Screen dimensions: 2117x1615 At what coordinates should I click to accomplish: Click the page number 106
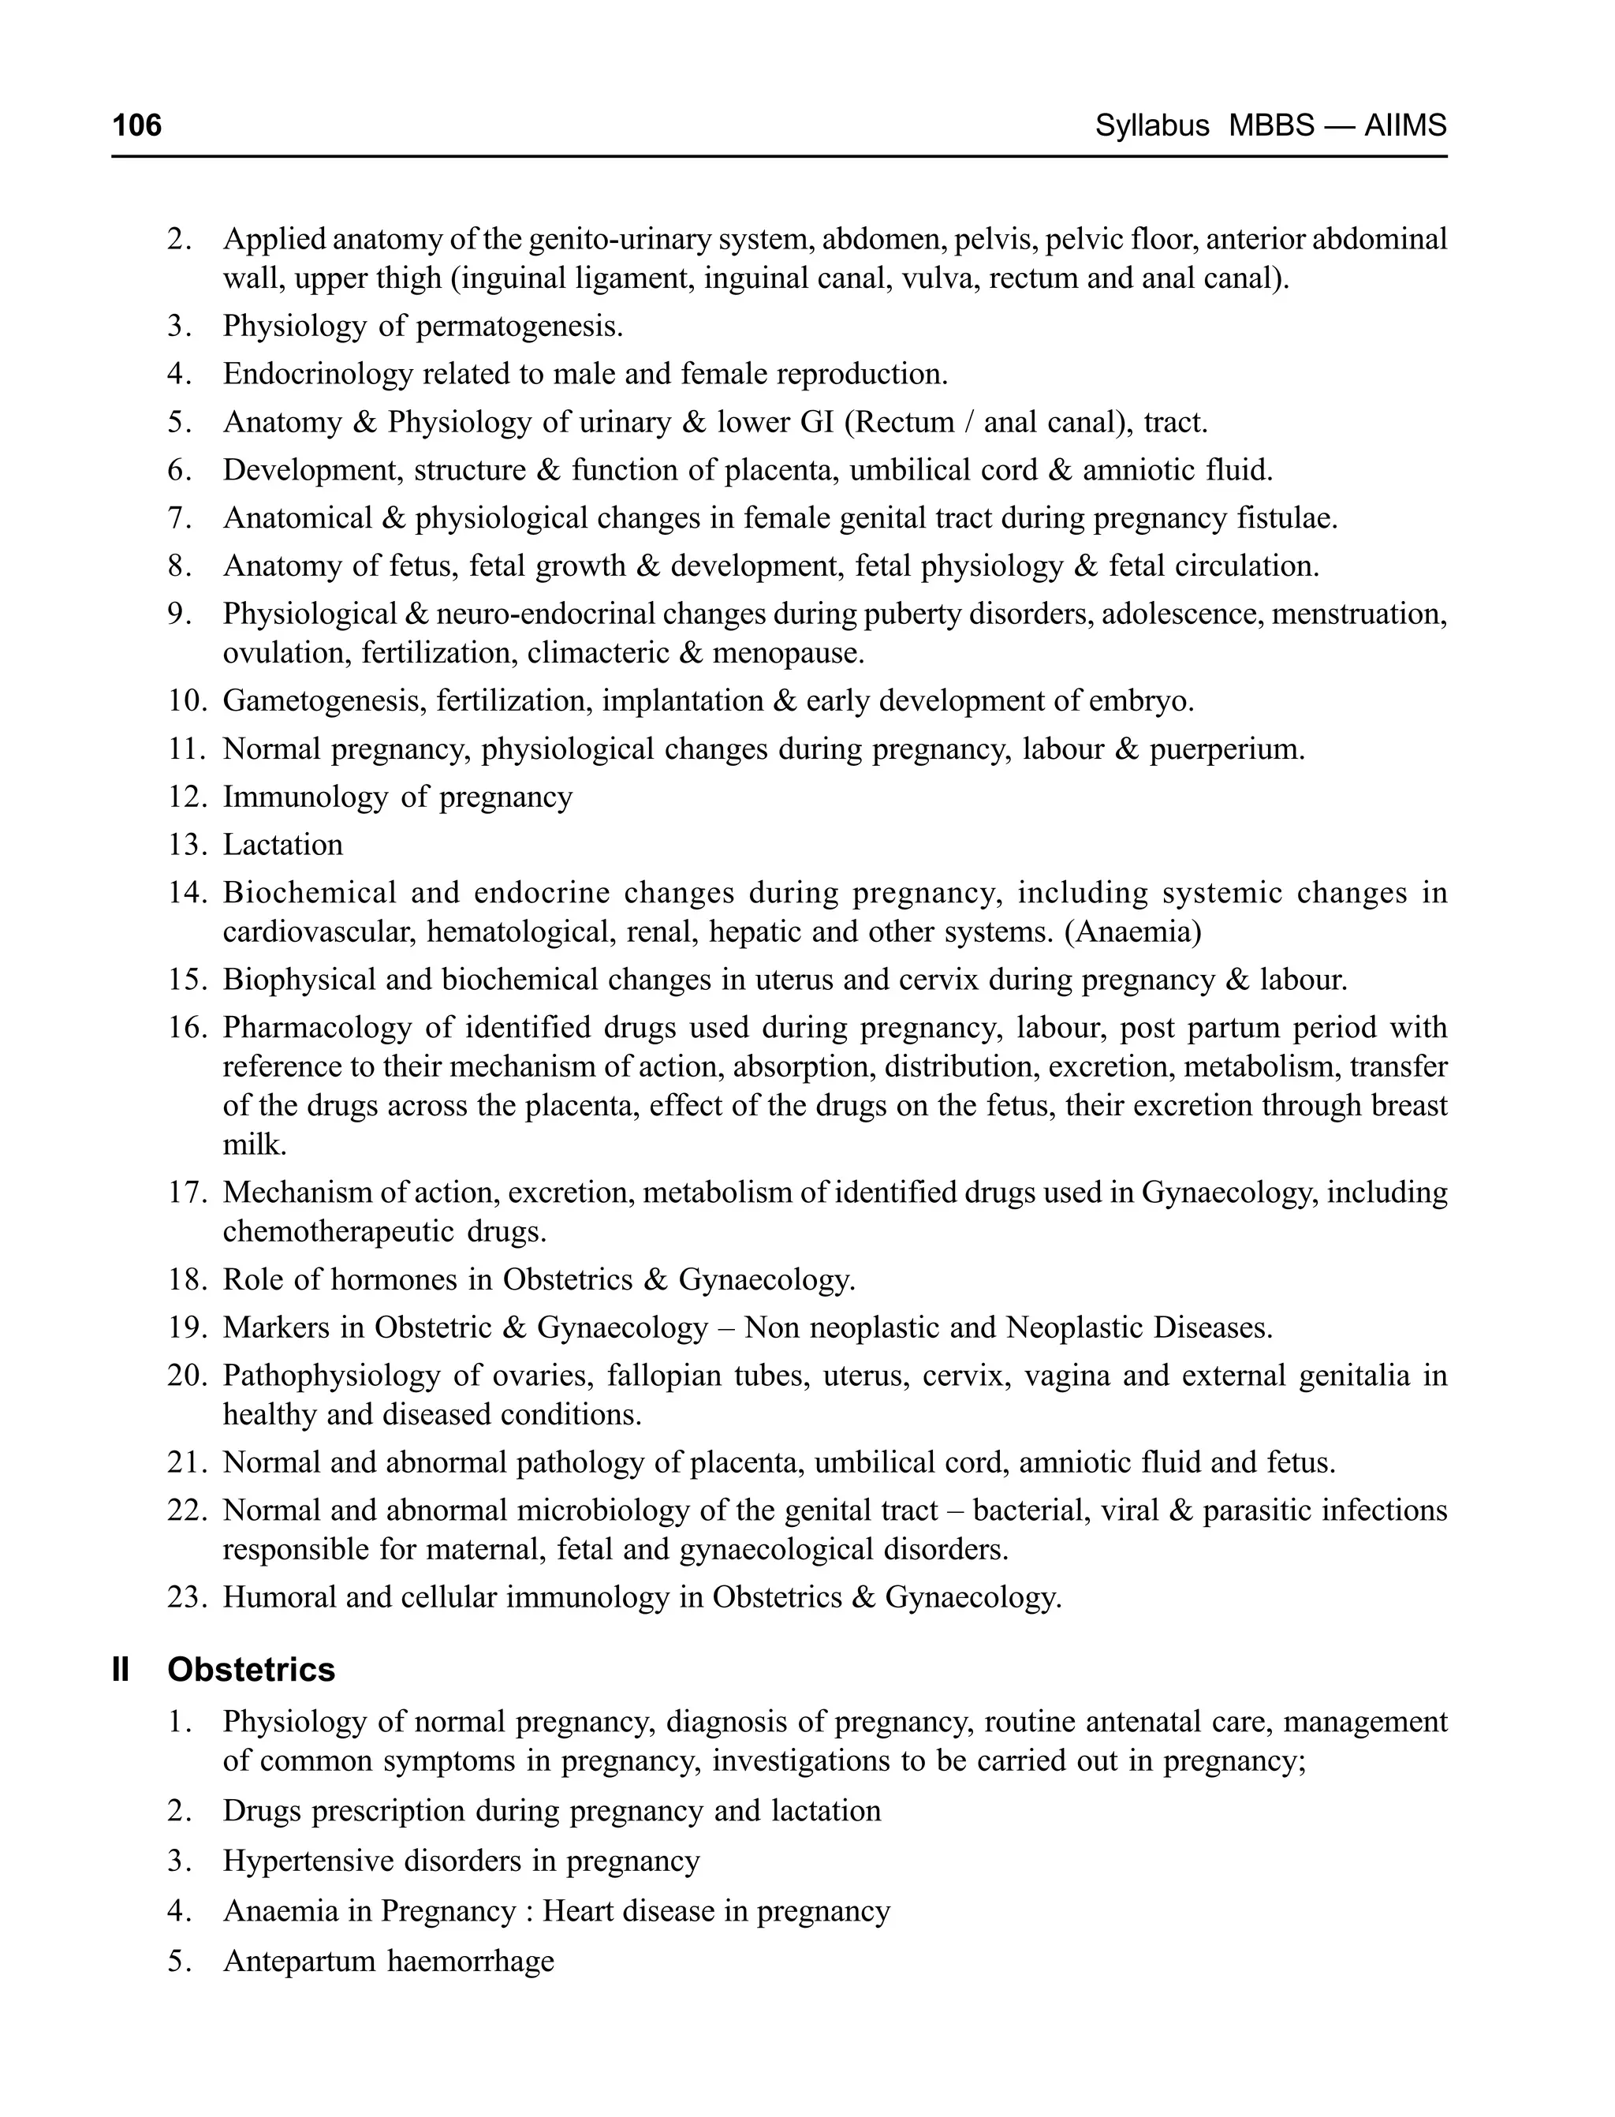point(136,125)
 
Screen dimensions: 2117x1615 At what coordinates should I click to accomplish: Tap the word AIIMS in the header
point(1404,125)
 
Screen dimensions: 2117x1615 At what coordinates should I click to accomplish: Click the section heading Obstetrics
point(251,1670)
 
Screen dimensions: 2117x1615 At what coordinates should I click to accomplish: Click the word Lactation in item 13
point(282,845)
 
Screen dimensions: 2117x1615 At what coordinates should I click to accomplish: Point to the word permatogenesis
point(518,327)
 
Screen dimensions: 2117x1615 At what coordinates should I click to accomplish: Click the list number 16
point(188,1028)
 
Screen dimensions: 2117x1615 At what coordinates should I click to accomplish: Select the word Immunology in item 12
point(304,797)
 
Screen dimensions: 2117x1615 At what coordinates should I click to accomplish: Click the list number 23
point(188,1597)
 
